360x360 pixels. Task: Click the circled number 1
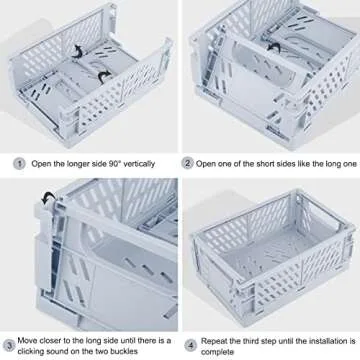[19, 162]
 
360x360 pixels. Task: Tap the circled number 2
[186, 162]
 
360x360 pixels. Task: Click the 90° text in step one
[117, 162]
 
